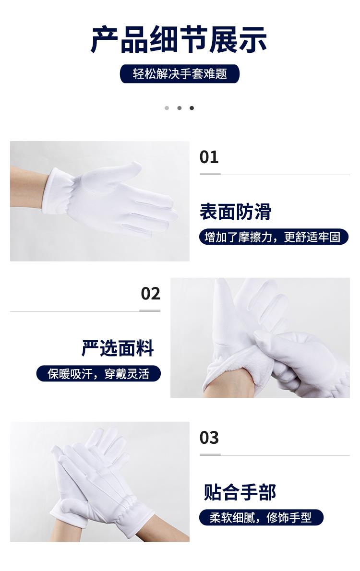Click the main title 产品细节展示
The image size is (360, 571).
[179, 40]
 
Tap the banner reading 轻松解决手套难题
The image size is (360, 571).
[180, 73]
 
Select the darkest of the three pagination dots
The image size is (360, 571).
[192, 108]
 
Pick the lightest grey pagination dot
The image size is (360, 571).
[167, 108]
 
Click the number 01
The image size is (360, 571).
[209, 157]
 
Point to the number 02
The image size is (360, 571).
[151, 294]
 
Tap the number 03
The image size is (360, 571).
[209, 437]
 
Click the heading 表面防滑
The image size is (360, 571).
[235, 212]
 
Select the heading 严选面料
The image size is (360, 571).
[118, 348]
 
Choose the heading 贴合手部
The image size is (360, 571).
[240, 492]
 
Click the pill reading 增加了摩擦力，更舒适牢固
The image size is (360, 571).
[274, 237]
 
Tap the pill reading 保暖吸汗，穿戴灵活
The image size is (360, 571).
[98, 374]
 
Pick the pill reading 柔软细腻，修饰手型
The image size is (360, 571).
[261, 517]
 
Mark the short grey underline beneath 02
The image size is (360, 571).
[150, 310]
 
